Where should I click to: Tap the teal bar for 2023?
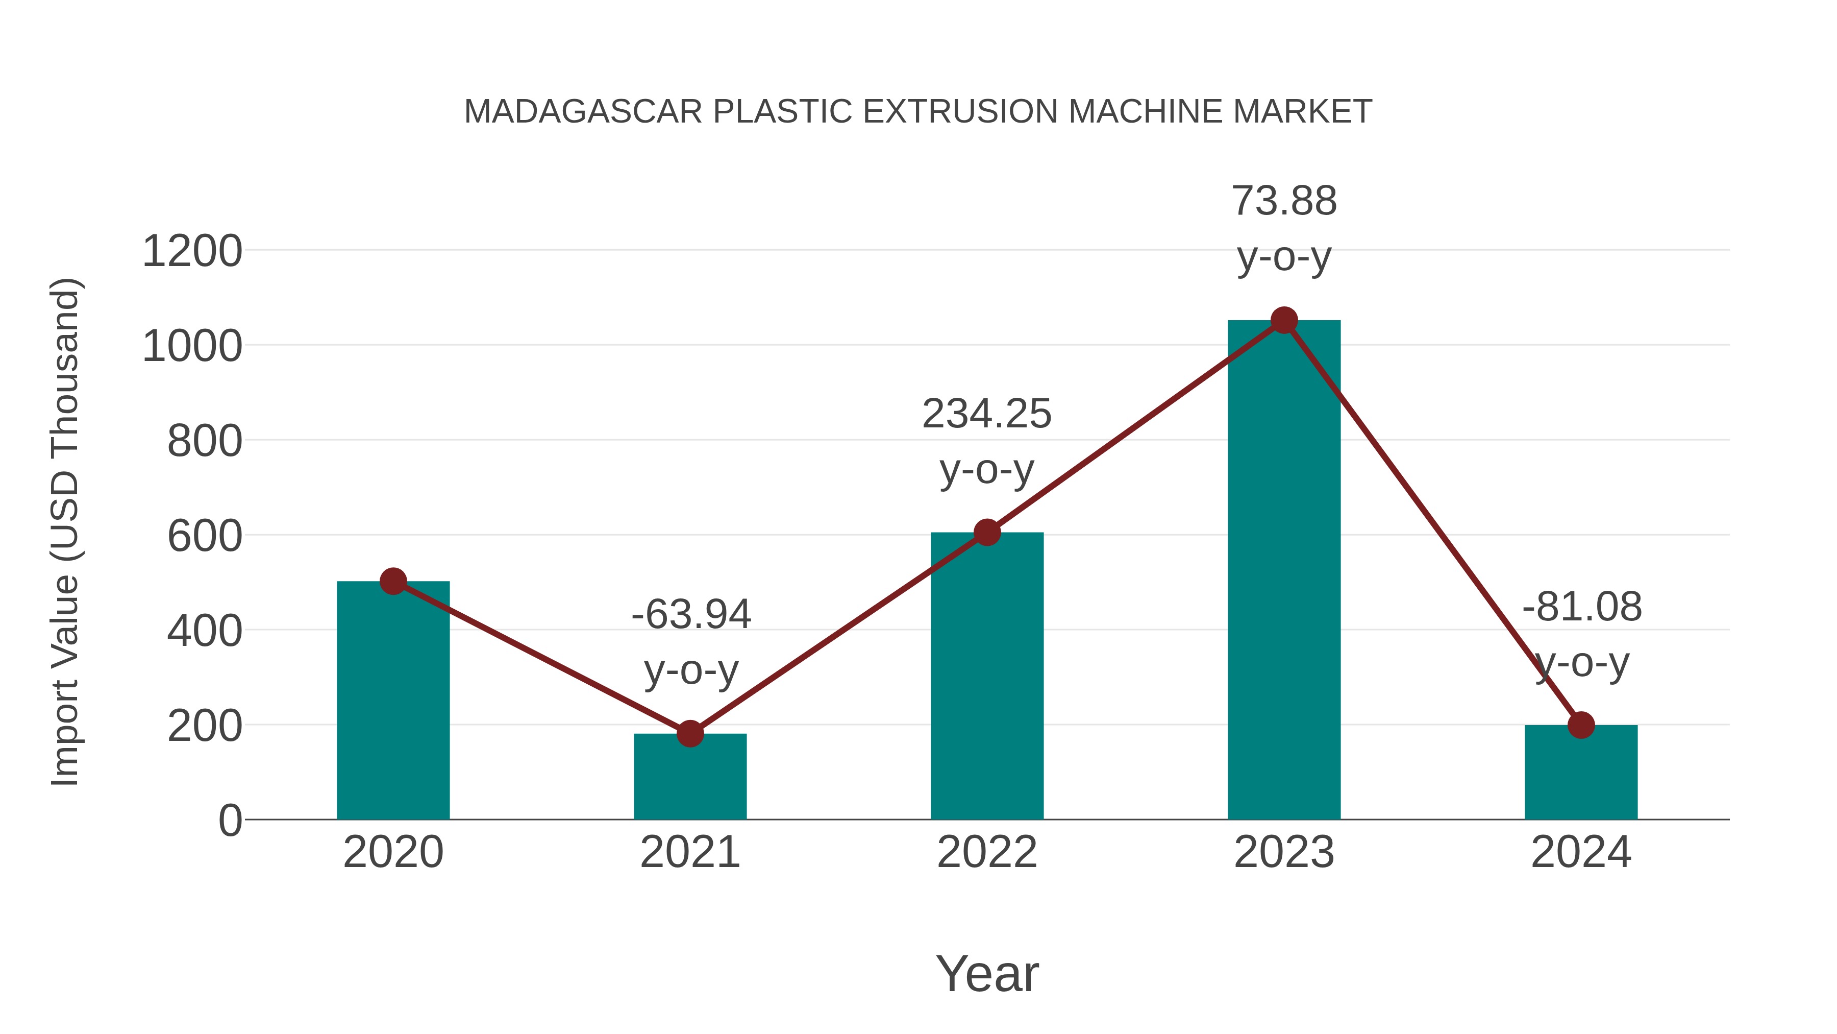click(1284, 571)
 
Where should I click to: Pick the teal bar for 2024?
click(1581, 774)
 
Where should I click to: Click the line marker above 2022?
click(987, 533)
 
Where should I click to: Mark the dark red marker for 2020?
click(393, 581)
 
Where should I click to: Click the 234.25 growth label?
click(986, 414)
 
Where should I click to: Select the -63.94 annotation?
click(691, 614)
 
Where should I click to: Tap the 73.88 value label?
click(1284, 201)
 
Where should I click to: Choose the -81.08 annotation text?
click(1582, 607)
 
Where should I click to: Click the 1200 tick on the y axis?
click(192, 252)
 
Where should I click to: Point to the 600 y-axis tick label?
click(204, 537)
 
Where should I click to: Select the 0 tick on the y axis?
click(230, 821)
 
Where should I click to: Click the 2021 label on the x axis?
click(689, 853)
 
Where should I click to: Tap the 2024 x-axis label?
click(1581, 853)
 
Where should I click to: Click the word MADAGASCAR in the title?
click(583, 112)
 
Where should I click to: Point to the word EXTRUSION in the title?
click(960, 112)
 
